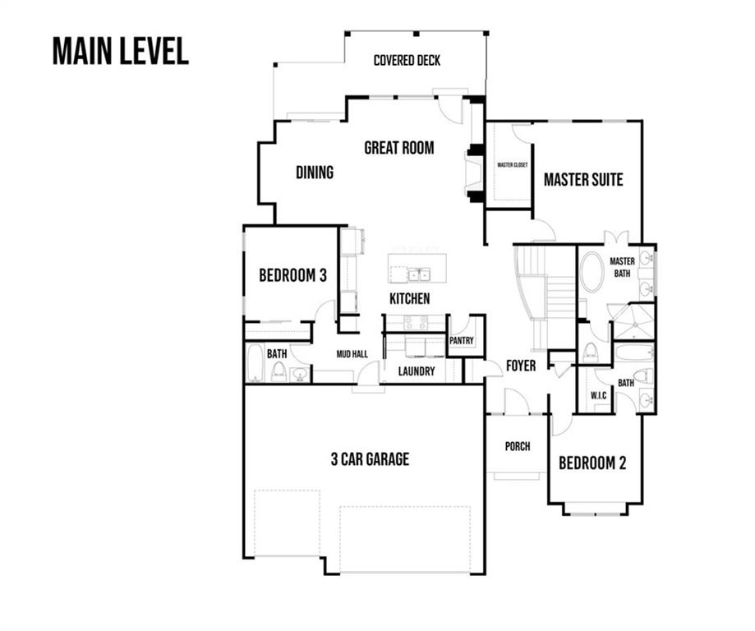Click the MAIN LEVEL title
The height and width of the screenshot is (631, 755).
(121, 51)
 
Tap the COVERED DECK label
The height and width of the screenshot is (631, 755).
(407, 60)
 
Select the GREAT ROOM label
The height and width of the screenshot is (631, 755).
(399, 147)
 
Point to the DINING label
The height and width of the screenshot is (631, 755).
(315, 172)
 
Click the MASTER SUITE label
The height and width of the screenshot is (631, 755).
(583, 180)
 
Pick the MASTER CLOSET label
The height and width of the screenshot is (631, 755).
(513, 165)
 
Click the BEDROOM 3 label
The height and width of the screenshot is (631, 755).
(292, 275)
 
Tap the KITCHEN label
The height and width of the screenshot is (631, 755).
(409, 298)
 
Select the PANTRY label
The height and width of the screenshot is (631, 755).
(461, 340)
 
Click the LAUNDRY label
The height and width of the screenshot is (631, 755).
(417, 371)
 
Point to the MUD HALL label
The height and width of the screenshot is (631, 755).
(352, 354)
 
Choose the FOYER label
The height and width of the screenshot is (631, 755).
(521, 366)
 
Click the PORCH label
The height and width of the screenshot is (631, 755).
(518, 446)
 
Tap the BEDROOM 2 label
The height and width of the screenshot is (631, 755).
(592, 463)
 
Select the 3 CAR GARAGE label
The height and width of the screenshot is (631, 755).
(370, 459)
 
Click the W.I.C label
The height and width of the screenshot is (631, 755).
(599, 395)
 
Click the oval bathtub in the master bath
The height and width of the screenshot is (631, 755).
(592, 272)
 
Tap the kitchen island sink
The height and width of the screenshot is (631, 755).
(419, 275)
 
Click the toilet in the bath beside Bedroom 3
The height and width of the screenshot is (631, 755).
(279, 371)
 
